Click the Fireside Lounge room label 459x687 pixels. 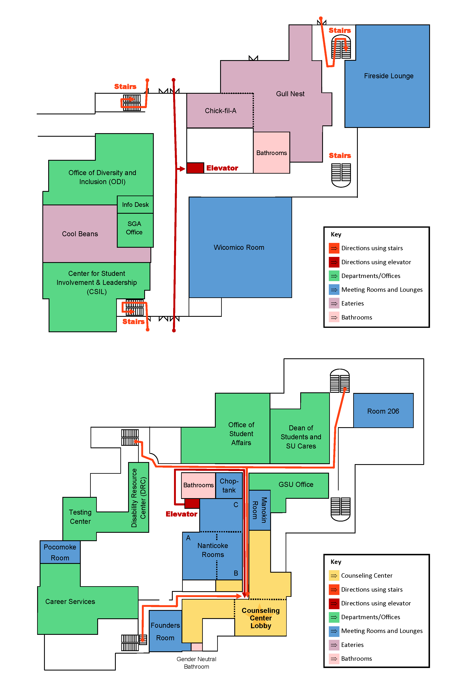point(388,76)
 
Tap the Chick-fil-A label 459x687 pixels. point(221,111)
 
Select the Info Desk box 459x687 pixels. point(135,205)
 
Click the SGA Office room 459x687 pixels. point(134,228)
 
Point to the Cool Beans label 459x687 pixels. point(80,234)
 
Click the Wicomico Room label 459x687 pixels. point(239,248)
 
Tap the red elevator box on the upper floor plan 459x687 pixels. point(195,168)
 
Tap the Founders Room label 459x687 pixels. point(165,631)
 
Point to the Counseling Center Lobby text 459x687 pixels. point(261,618)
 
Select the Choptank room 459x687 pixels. point(229,486)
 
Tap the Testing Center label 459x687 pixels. point(80,517)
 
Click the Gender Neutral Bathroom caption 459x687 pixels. point(196,663)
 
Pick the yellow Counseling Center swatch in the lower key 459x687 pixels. point(334,576)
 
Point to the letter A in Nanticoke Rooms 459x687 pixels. point(188,538)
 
